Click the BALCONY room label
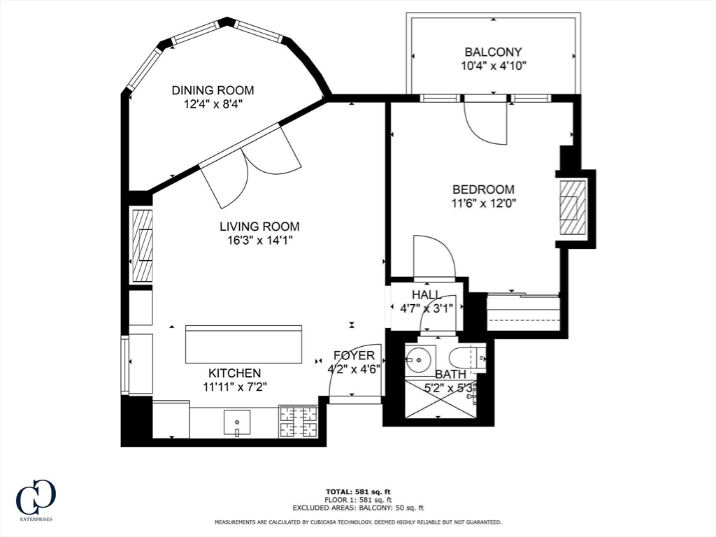click(x=493, y=52)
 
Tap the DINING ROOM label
click(x=213, y=90)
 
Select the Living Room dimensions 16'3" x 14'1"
click(x=260, y=241)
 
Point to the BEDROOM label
click(x=483, y=189)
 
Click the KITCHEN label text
click(x=235, y=373)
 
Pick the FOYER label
click(x=354, y=355)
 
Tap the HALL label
click(x=427, y=294)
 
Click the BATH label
click(x=451, y=375)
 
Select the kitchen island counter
click(x=243, y=344)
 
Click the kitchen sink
click(x=237, y=422)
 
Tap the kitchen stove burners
click(x=298, y=421)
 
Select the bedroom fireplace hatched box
click(x=573, y=207)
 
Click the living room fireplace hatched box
click(x=143, y=245)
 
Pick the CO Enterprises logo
click(x=36, y=499)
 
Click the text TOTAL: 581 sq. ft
click(x=358, y=492)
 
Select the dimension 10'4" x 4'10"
click(x=494, y=66)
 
